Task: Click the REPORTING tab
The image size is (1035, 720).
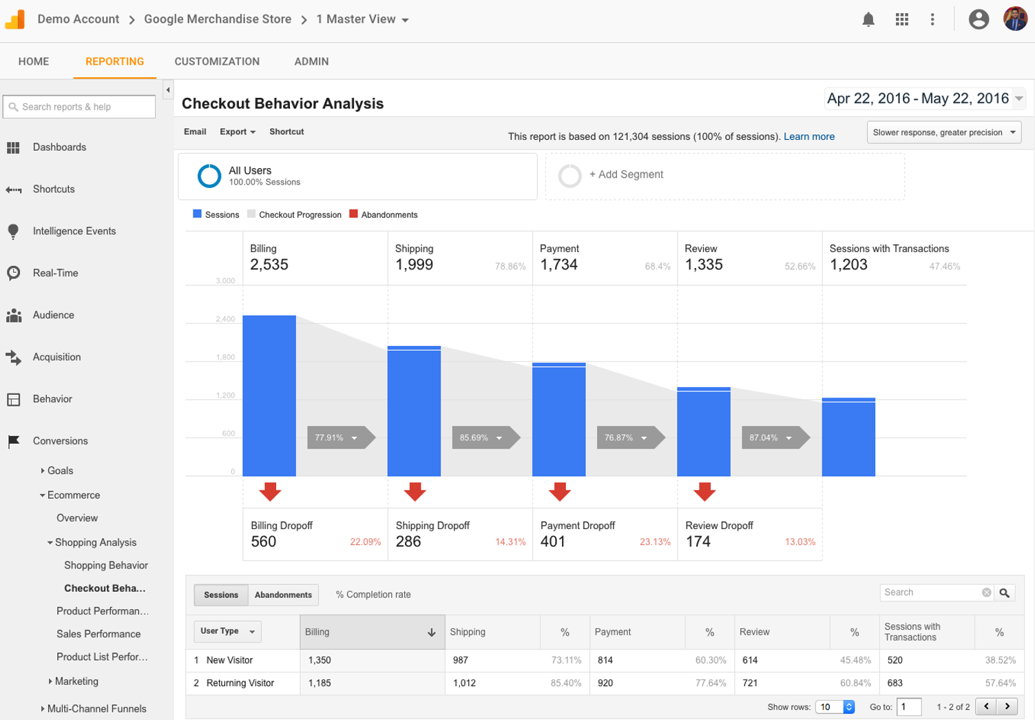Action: click(114, 61)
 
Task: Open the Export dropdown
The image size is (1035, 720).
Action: click(237, 132)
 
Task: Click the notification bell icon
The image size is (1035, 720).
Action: click(868, 19)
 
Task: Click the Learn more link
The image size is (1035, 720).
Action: click(808, 136)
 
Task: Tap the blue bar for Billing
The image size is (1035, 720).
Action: click(269, 395)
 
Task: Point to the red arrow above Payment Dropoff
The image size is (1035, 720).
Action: click(559, 491)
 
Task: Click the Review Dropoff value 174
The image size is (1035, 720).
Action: click(698, 542)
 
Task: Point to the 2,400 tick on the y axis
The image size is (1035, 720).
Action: click(225, 319)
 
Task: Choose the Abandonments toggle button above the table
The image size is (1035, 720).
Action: click(283, 595)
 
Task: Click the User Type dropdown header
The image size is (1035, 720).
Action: click(227, 631)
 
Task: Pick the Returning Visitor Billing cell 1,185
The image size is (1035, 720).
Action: click(320, 683)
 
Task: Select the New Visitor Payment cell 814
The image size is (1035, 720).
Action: click(605, 660)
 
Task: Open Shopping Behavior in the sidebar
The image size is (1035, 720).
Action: click(106, 565)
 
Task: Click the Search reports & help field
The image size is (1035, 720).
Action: click(80, 107)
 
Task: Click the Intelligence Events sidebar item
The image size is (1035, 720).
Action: click(74, 231)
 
